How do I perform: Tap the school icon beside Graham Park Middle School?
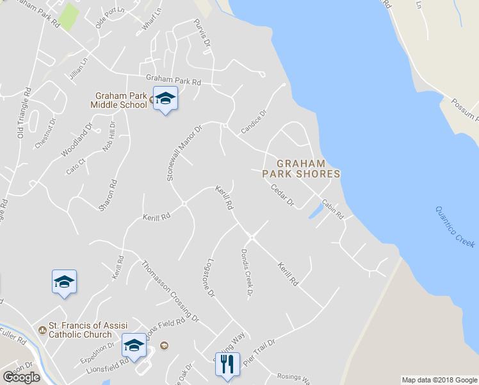click(x=165, y=98)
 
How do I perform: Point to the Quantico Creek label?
click(x=455, y=227)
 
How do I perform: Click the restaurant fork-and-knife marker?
click(x=227, y=365)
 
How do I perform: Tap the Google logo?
click(x=21, y=377)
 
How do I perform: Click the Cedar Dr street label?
click(x=282, y=196)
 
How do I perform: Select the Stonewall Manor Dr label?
click(x=184, y=153)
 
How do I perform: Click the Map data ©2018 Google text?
click(x=439, y=380)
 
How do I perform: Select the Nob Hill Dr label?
click(x=109, y=137)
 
